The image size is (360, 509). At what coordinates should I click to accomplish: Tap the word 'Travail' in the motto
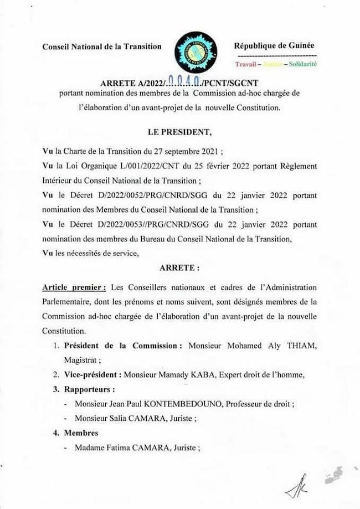(248, 65)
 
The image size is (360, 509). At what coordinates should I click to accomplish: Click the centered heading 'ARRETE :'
(179, 267)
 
